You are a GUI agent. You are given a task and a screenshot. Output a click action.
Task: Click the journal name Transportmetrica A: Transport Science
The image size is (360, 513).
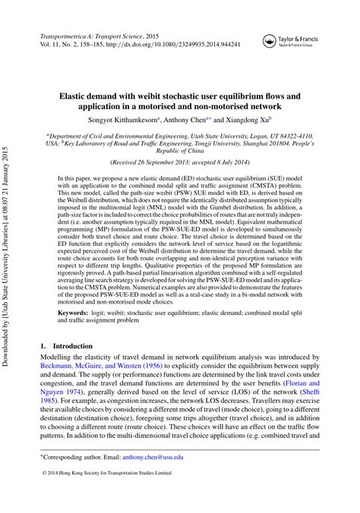[90, 36]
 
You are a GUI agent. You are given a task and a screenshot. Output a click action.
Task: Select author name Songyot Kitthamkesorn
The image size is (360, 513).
[130, 120]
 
